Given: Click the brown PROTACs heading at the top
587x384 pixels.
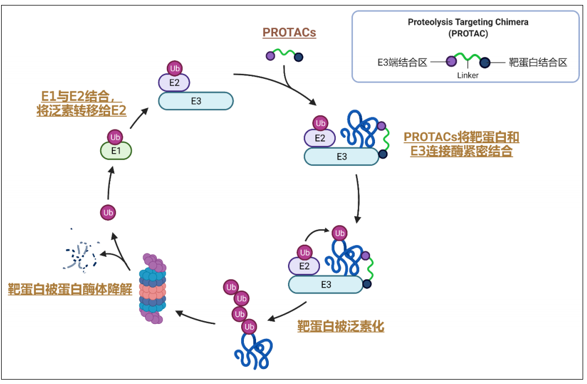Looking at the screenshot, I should [x=289, y=33].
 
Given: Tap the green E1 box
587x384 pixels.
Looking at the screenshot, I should [x=116, y=150].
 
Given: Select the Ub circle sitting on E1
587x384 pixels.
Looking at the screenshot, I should [x=116, y=137].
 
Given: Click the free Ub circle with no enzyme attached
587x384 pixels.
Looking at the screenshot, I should [x=108, y=212].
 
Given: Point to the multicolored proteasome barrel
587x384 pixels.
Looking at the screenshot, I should [x=153, y=289].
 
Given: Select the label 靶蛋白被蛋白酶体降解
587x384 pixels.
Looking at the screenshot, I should [x=70, y=289].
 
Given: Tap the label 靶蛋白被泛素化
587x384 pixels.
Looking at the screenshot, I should [x=340, y=326].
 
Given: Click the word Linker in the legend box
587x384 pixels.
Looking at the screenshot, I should [x=468, y=75].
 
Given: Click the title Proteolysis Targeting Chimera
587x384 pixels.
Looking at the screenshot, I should [x=468, y=23].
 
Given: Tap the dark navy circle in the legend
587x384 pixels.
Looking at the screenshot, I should [x=485, y=62].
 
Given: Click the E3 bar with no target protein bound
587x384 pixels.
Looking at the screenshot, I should [x=196, y=101].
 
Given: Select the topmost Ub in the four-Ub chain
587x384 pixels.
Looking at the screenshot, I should [x=231, y=287].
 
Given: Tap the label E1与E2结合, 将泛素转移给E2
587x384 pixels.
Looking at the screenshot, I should [x=81, y=103].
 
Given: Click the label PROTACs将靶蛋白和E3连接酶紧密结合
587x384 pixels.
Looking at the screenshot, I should [x=461, y=144].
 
